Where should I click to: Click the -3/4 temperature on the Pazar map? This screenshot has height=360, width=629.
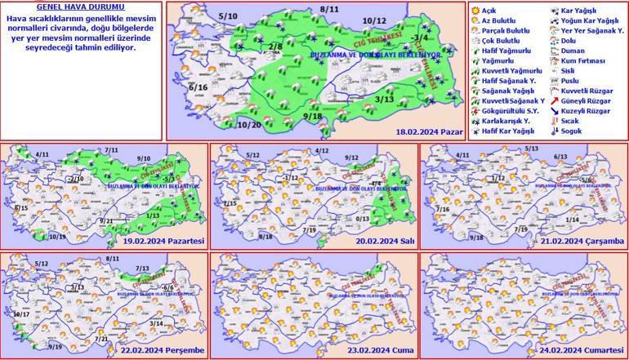421,38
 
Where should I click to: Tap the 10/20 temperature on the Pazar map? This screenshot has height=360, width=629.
248,124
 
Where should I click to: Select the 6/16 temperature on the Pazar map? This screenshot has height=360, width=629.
198,87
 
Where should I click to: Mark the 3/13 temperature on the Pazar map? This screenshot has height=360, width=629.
385,99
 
